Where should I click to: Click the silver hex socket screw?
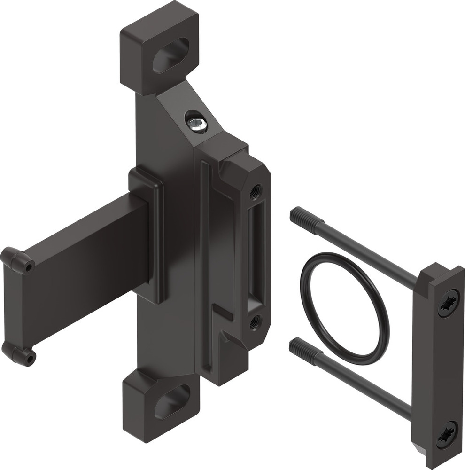point(197,124)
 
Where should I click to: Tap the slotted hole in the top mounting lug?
point(170,55)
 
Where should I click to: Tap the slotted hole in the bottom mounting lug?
point(172,401)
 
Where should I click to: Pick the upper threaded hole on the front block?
point(256,190)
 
